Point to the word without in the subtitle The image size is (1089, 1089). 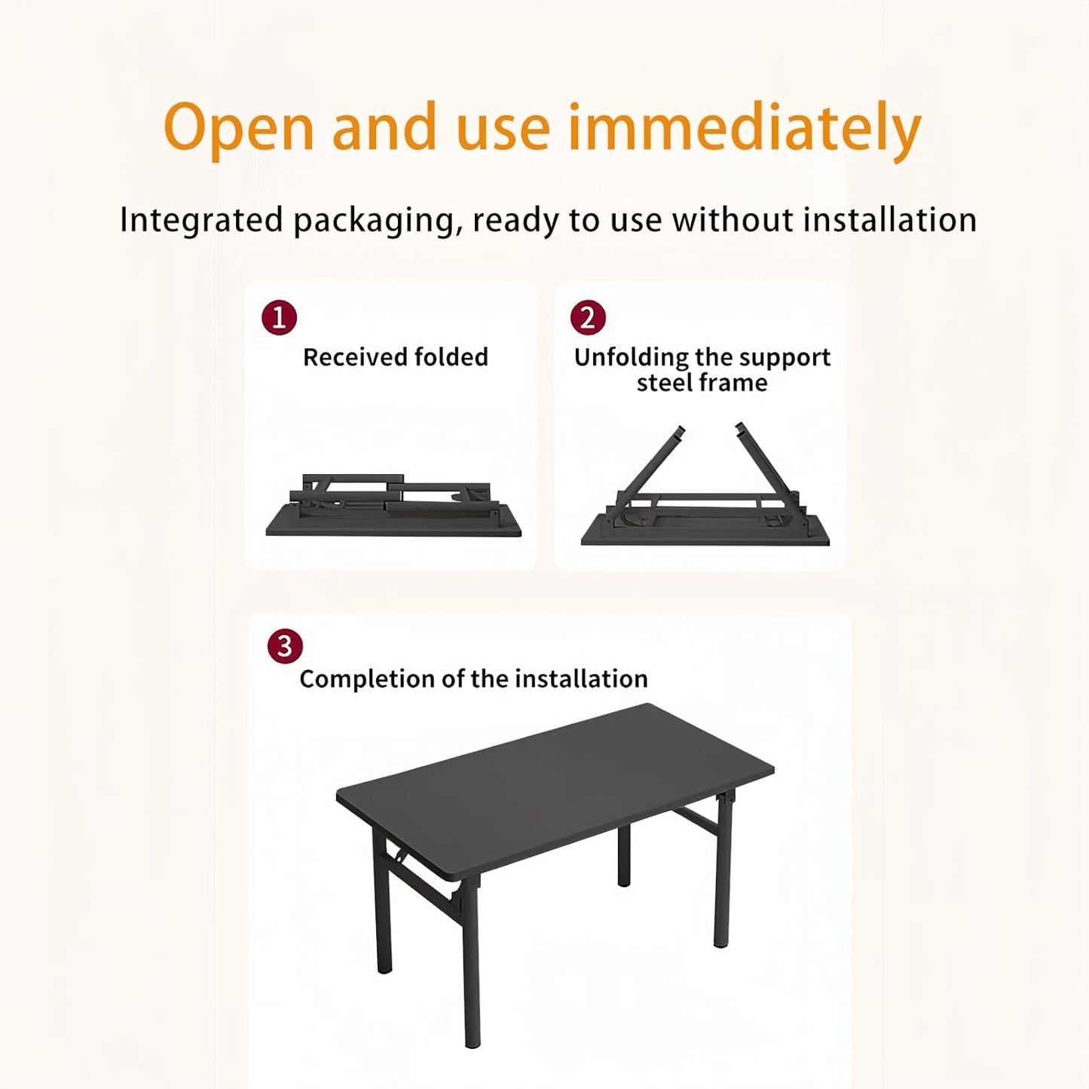(733, 220)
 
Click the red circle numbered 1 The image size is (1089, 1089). (279, 317)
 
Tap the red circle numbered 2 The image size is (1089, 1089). (588, 317)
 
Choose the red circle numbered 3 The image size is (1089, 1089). (285, 647)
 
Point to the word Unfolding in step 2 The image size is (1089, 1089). (631, 357)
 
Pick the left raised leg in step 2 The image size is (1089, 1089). (653, 459)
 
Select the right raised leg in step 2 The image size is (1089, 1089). (763, 459)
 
